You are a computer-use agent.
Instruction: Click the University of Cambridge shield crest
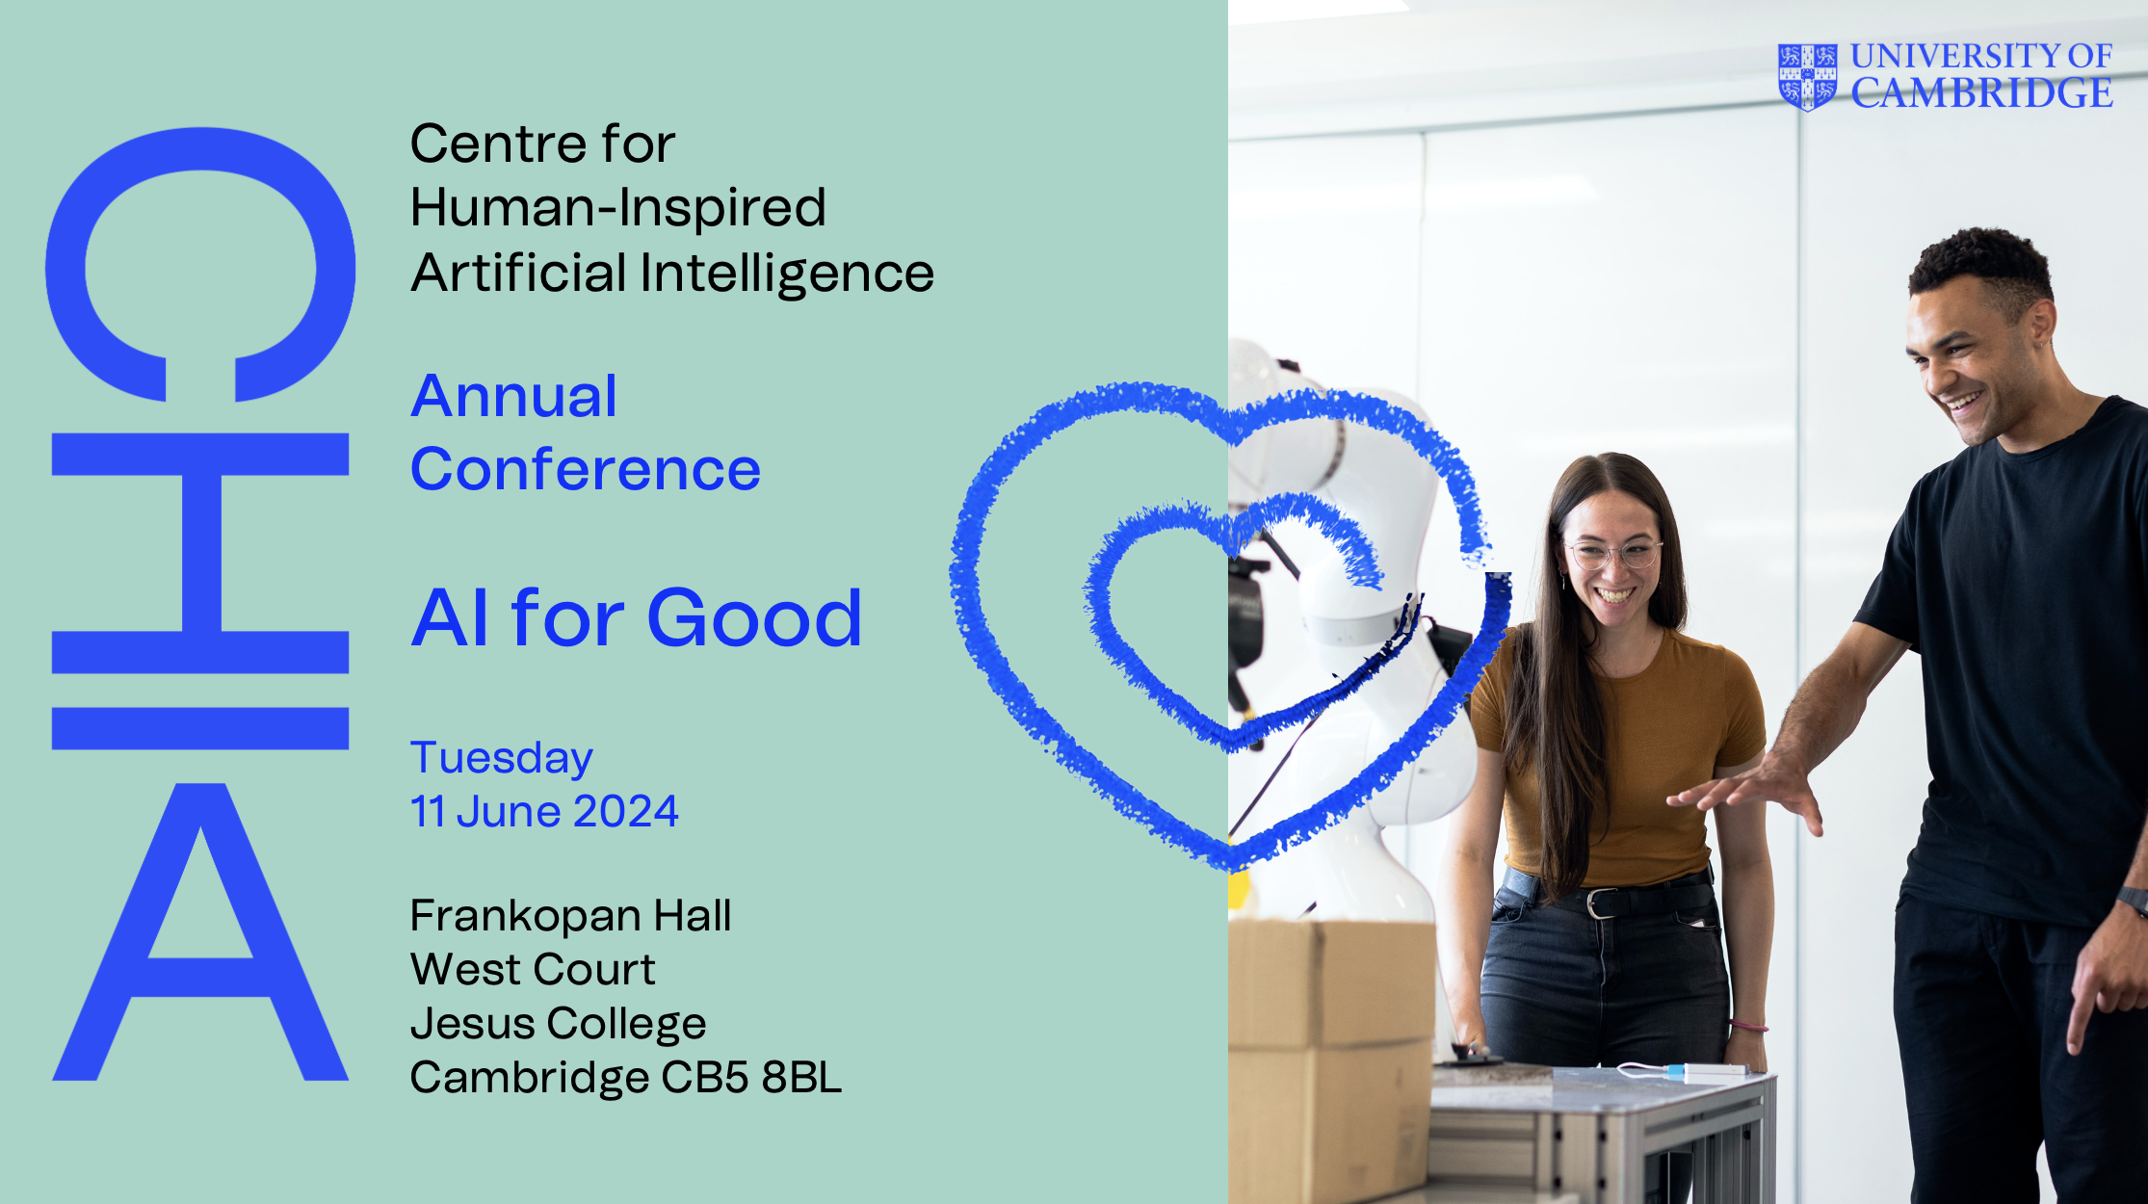[x=1807, y=77]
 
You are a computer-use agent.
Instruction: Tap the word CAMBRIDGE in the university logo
[x=1981, y=93]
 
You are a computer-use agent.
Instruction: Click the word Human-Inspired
[x=618, y=208]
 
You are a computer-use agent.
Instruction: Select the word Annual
[x=513, y=396]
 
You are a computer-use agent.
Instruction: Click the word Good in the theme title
[x=754, y=617]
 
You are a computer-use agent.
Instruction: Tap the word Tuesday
[x=502, y=758]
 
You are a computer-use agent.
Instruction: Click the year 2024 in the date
[x=626, y=811]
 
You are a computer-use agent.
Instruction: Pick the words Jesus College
[x=558, y=1024]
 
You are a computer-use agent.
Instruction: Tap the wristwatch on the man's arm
[x=2134, y=901]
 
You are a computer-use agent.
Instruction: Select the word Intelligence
[x=787, y=274]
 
